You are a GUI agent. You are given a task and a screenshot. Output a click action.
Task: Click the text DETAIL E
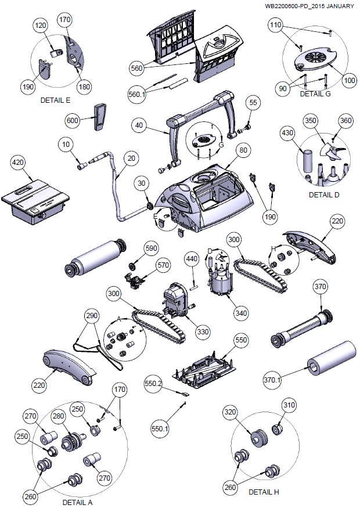(56, 100)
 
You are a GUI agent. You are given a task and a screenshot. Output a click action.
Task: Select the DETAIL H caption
(264, 492)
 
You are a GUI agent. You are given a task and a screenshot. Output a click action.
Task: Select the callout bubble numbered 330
(202, 331)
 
